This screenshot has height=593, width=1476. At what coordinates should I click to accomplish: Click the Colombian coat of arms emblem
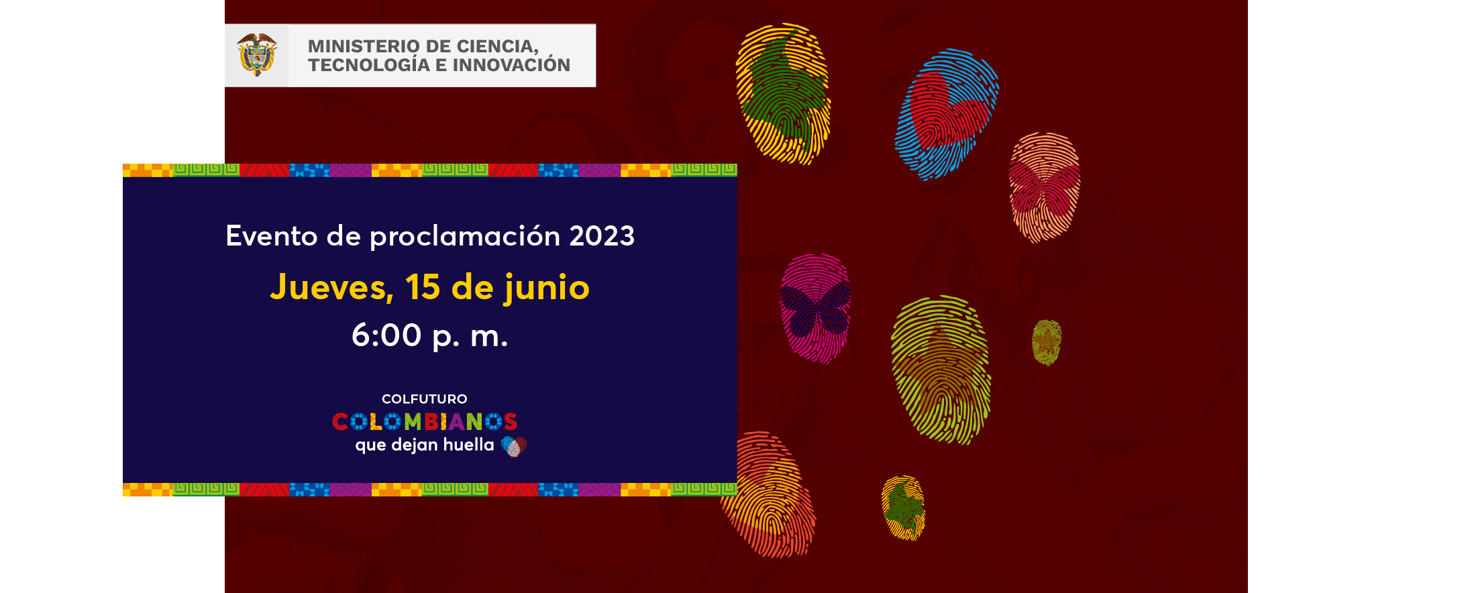[257, 55]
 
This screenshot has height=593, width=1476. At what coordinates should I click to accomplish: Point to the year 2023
[602, 236]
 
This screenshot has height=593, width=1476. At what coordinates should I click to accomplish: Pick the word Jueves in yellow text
[331, 288]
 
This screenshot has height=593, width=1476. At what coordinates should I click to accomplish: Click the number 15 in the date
[423, 287]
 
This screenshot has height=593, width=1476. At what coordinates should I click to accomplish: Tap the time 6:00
[386, 335]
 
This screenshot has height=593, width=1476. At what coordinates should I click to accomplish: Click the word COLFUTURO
[425, 399]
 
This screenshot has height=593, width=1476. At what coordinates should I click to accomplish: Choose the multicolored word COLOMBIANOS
[425, 421]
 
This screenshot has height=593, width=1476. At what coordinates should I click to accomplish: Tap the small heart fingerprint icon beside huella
[514, 446]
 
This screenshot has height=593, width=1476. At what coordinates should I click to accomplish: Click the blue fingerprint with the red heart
[947, 114]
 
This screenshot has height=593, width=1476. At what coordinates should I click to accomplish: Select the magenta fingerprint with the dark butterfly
[815, 309]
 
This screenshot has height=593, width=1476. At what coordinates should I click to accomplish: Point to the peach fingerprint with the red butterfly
[1045, 187]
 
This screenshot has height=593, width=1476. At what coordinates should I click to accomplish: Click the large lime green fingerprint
[941, 370]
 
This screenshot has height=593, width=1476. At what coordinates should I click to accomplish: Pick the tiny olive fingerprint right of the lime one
[1047, 342]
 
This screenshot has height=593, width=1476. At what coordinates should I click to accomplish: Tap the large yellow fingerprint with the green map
[783, 94]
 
